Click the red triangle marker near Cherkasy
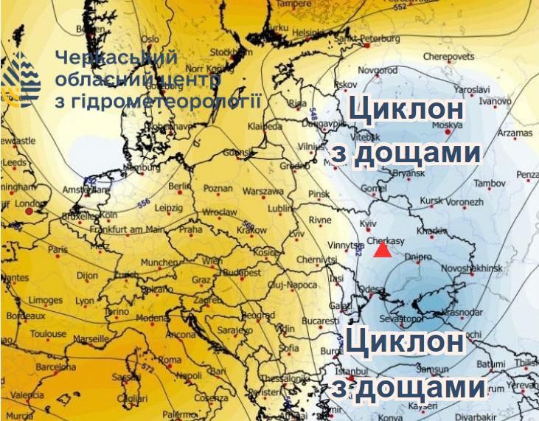(382, 251)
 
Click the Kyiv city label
(367, 222)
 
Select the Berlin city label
(180, 187)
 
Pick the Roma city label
(170, 360)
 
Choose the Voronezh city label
(463, 201)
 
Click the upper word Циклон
(407, 111)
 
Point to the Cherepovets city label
(448, 55)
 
